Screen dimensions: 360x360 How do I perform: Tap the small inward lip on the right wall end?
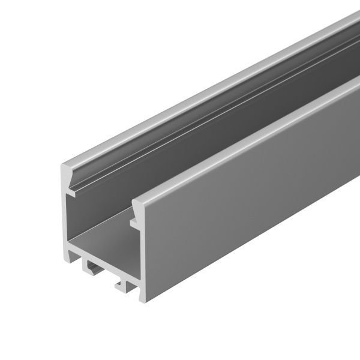133,222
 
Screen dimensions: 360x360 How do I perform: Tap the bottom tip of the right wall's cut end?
143,298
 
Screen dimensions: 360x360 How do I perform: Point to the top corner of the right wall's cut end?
134,201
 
